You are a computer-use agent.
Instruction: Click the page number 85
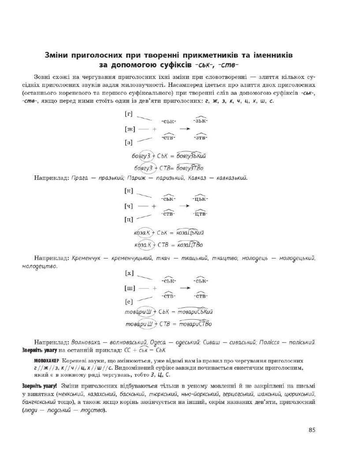(x=312, y=430)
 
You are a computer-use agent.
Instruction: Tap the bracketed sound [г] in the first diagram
(x=129, y=114)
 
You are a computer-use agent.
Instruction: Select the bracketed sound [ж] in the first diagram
(x=130, y=129)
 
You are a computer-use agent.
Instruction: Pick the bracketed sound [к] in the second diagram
(x=129, y=191)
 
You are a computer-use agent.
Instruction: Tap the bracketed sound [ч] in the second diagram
(x=129, y=206)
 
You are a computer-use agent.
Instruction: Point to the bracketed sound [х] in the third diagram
(x=129, y=273)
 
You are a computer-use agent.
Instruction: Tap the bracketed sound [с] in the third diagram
(x=129, y=302)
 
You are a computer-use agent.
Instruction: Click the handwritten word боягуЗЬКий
(x=191, y=157)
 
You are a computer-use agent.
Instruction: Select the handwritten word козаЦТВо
(x=189, y=245)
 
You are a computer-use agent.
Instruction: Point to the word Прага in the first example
(x=80, y=179)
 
